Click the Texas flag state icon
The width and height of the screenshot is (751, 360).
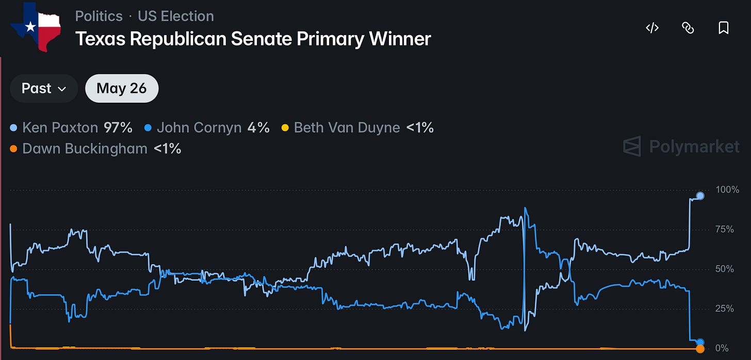[36, 27]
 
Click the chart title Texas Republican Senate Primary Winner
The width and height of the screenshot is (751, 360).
[253, 39]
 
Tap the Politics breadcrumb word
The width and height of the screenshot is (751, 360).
[99, 16]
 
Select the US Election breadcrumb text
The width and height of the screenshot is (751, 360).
[176, 16]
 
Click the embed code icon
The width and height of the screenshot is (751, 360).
[652, 28]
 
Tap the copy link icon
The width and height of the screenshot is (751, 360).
[688, 28]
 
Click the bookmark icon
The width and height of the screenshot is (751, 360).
[724, 28]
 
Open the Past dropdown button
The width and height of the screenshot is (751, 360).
[44, 89]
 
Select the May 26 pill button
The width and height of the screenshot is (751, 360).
[122, 89]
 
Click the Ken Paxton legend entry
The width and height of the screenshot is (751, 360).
[71, 128]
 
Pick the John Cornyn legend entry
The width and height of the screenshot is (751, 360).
[207, 128]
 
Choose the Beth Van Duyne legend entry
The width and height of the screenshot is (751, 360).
[357, 128]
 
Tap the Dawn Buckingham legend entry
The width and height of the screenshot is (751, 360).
[95, 149]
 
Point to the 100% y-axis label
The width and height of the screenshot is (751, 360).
[727, 190]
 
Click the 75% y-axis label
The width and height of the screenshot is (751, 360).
[725, 230]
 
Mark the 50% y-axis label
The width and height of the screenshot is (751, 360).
[725, 269]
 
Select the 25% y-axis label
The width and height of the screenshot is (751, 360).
[725, 308]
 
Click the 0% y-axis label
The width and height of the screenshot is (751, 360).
[722, 348]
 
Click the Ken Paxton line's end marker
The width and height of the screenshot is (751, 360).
[700, 196]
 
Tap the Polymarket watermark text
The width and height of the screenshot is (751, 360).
[694, 146]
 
